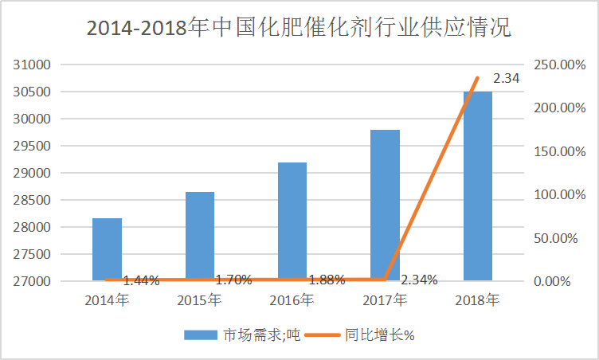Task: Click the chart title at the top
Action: click(x=299, y=28)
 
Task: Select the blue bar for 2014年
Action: click(x=107, y=248)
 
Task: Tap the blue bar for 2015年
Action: click(x=199, y=236)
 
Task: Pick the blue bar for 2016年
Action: click(x=292, y=221)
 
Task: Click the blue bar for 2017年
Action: click(x=385, y=205)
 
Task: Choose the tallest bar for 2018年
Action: click(x=477, y=186)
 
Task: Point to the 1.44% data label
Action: click(x=141, y=280)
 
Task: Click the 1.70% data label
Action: click(x=233, y=280)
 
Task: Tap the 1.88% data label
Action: click(x=327, y=280)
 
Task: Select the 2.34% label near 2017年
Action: click(x=419, y=280)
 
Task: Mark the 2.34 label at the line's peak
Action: click(x=507, y=79)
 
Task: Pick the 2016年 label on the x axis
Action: click(x=292, y=300)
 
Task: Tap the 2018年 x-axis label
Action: click(x=477, y=300)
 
